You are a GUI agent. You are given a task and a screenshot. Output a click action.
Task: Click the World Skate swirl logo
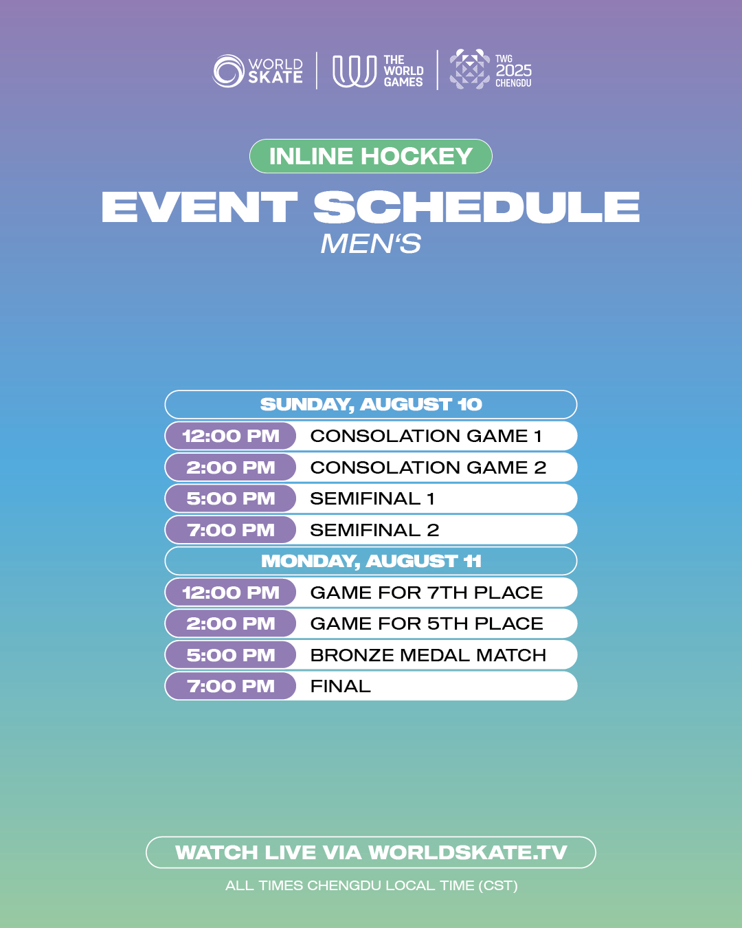coord(229,71)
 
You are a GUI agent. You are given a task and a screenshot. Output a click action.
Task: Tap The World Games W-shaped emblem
coord(354,71)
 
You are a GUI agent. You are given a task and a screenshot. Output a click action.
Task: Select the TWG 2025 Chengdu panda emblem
coord(469,69)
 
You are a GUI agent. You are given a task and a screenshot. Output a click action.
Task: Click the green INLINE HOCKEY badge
coord(371,156)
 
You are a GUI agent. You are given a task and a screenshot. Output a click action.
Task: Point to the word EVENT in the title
coord(199,208)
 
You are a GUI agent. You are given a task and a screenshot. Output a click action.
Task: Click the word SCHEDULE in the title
coord(476,208)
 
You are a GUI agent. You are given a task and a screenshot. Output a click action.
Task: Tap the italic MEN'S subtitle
coord(371,244)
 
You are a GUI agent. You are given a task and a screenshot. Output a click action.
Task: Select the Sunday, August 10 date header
coord(371,404)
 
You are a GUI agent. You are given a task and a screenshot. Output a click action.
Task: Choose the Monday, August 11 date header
coord(371,561)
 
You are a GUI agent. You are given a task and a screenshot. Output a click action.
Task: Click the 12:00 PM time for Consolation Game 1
coord(231,436)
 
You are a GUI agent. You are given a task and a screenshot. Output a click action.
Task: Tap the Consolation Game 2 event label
coord(428,467)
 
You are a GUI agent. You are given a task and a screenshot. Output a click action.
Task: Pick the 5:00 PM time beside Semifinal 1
coord(231,499)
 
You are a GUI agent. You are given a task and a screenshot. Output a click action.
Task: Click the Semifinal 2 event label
coord(374,531)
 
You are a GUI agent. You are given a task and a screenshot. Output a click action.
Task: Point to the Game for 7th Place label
coord(427,593)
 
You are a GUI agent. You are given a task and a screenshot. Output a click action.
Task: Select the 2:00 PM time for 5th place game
coord(231,624)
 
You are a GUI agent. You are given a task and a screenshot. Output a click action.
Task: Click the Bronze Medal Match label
coord(428,656)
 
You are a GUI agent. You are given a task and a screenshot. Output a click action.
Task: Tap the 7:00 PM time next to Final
coord(231,687)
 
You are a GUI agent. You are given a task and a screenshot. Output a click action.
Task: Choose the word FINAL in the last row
coord(341,687)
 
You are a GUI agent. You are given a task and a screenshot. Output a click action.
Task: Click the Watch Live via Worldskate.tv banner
coord(371,852)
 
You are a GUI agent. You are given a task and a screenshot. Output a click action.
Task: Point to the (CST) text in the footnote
coord(498,886)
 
